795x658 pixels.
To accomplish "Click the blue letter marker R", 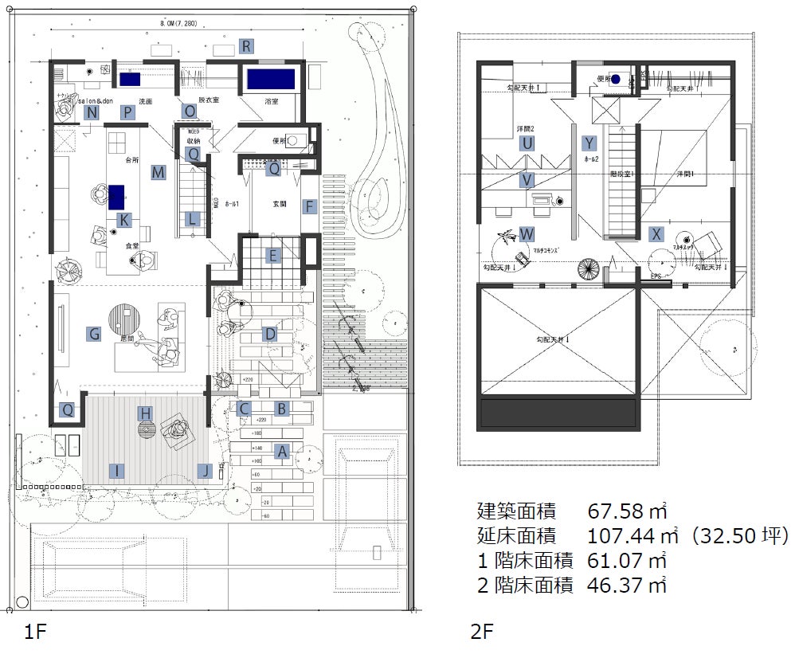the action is click(x=247, y=46).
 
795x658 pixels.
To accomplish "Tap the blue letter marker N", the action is click(x=93, y=112).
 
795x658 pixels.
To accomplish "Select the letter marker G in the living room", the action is click(x=94, y=334).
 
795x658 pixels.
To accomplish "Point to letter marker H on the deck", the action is click(x=145, y=413).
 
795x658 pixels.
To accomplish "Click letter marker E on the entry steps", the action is click(x=273, y=256).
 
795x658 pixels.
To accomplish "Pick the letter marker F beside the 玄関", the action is click(x=309, y=206).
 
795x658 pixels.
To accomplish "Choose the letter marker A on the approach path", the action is click(x=281, y=451).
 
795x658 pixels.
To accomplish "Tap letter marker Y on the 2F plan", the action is click(x=589, y=143).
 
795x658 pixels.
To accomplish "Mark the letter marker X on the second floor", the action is click(x=656, y=234).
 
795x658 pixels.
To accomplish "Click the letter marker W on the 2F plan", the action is click(x=527, y=234).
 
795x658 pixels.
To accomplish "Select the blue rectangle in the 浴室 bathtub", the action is click(x=271, y=80).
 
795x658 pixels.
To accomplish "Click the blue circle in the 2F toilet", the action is click(x=616, y=79).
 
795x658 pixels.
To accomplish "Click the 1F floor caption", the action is click(x=37, y=633).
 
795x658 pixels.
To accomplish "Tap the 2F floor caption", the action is click(x=482, y=633).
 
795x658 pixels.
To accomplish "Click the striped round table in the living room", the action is click(x=123, y=320).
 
